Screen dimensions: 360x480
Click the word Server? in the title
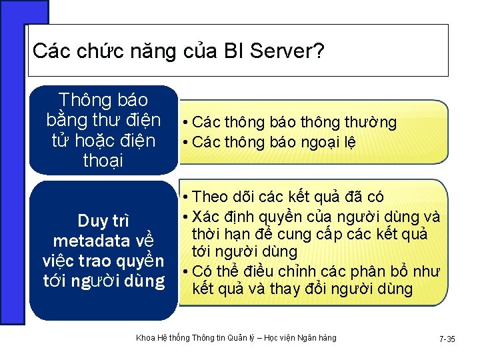[x=287, y=51]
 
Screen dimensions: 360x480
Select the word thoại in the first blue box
[x=103, y=161]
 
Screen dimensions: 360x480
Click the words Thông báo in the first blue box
[x=103, y=100]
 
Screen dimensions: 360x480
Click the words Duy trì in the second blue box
[x=103, y=220]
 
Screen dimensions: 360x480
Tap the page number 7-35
[x=447, y=339]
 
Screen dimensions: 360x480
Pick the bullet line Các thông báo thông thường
[x=293, y=123]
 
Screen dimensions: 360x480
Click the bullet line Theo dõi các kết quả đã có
[x=287, y=197]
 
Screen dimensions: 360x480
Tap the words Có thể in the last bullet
[x=210, y=271]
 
